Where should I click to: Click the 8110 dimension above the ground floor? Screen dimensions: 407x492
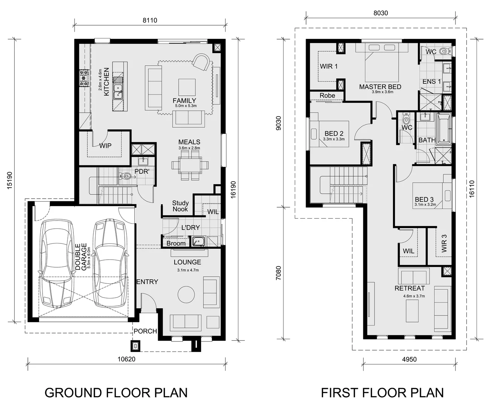150,20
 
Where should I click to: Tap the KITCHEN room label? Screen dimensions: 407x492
107,82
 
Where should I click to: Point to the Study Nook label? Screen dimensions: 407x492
180,206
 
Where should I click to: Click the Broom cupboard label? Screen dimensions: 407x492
176,243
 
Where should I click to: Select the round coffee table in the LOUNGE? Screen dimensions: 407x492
186,294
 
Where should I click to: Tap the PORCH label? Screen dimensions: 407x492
145,331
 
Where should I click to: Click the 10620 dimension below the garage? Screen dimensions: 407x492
126,359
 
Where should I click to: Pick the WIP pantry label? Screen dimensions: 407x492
105,146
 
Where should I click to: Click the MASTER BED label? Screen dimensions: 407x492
380,87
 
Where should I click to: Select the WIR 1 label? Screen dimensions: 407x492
329,66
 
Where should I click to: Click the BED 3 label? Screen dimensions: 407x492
424,200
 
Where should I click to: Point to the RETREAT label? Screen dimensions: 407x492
410,288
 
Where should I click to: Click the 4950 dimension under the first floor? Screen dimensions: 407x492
409,359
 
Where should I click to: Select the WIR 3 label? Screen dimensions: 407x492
444,243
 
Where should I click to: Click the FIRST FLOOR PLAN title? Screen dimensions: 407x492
382,393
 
